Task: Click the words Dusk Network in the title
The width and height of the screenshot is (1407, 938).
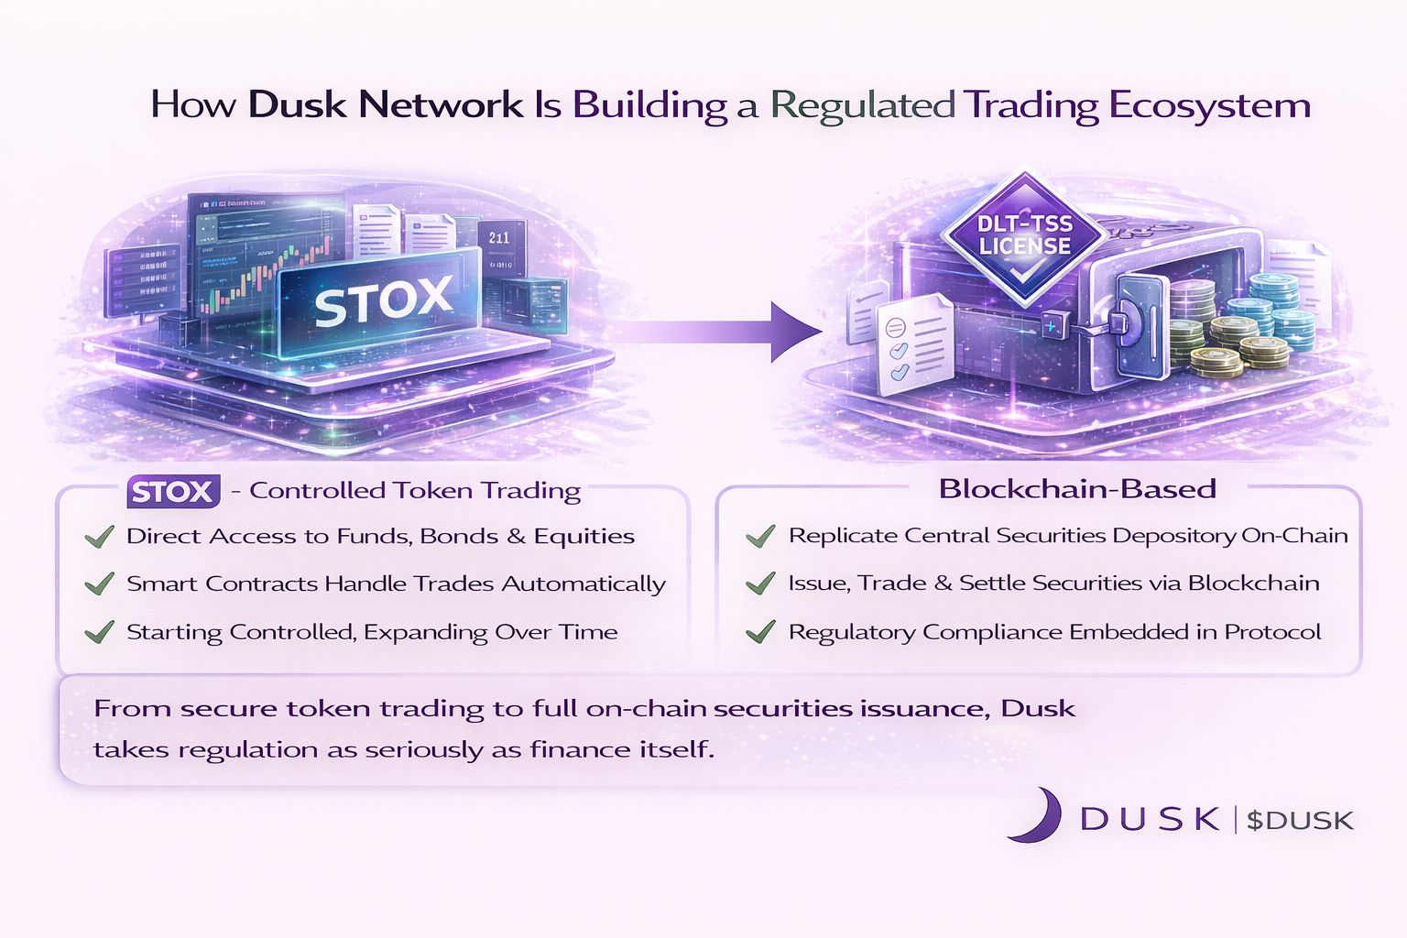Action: point(385,105)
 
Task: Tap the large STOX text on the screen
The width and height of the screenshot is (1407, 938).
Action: point(383,300)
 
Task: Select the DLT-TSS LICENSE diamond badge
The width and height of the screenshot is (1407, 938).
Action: point(1024,236)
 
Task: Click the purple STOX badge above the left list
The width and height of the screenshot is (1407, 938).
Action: point(173,492)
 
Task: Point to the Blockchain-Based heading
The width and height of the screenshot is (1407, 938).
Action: point(1077,489)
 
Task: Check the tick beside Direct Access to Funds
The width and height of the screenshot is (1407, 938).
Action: point(99,537)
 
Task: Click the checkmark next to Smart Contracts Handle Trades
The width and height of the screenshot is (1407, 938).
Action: point(99,584)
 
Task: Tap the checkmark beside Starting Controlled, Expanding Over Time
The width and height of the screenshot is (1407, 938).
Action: point(99,632)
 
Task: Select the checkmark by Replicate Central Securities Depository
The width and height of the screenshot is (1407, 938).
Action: point(760,536)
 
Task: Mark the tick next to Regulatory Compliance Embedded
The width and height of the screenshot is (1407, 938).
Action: point(760,632)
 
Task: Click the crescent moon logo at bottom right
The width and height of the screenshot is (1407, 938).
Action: point(1035,815)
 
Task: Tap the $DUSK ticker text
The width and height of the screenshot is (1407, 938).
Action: point(1300,821)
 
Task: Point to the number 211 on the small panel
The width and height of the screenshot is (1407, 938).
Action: point(499,238)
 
